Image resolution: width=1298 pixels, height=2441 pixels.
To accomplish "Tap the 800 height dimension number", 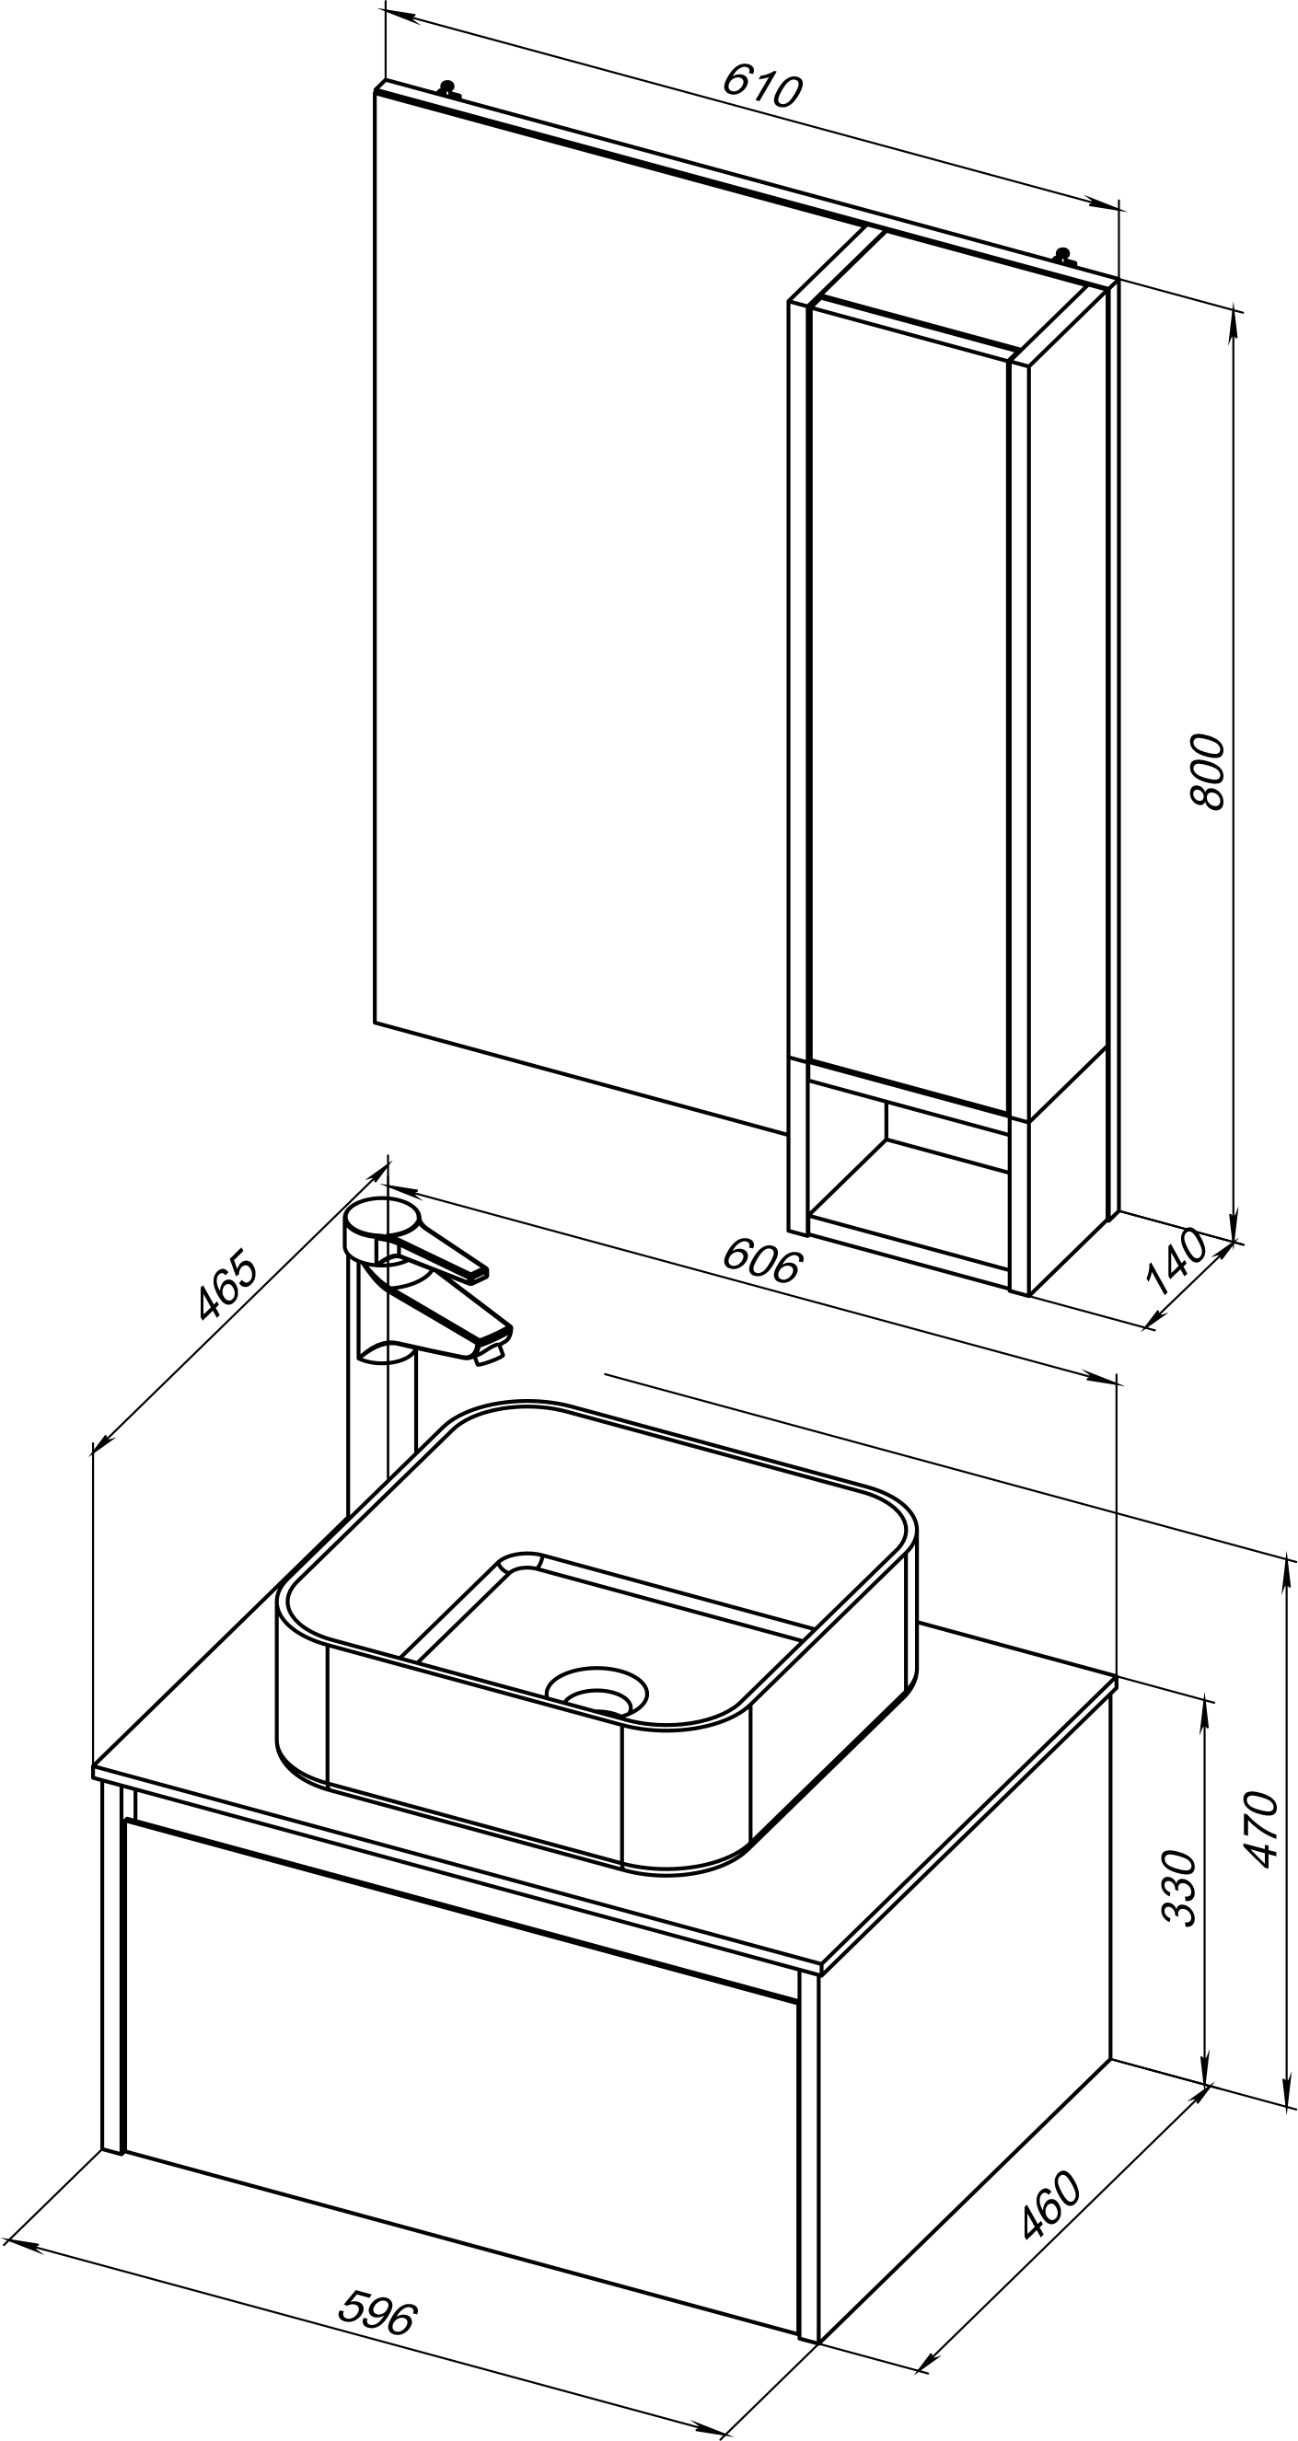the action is coord(1208,770).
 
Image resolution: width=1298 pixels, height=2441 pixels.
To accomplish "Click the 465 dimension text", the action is coord(227,1285).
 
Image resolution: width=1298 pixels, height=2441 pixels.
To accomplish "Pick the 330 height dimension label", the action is coord(1179,1887).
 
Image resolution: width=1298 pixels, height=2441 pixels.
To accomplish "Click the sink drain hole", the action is coord(597,1689).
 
